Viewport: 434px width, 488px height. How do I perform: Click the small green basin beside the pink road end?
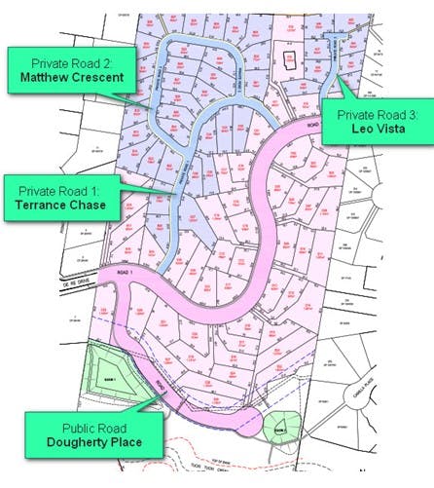point(279,427)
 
